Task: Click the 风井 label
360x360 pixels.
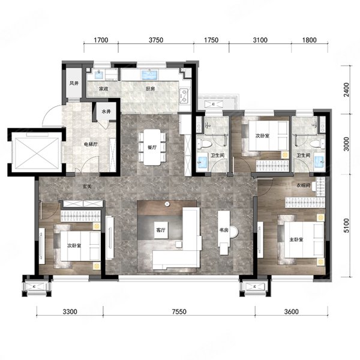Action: pos(74,83)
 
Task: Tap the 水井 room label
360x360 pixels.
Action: pos(106,112)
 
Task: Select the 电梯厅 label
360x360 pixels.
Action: pos(91,145)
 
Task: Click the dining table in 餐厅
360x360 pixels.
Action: pos(152,147)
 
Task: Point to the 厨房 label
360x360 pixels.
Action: pos(150,89)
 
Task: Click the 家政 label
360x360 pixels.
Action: pos(104,89)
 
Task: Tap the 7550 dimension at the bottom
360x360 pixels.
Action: pos(179,311)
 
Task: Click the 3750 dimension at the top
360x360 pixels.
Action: pos(156,40)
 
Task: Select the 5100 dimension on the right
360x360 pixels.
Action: pos(346,226)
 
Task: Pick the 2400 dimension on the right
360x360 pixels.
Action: pos(346,90)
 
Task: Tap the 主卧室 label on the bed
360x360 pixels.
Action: pos(296,239)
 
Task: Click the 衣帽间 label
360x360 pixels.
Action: pos(304,185)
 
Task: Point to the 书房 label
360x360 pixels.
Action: pos(224,230)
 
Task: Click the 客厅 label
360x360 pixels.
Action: pos(161,230)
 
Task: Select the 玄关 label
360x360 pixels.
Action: pos(87,187)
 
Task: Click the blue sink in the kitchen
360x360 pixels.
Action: pos(149,75)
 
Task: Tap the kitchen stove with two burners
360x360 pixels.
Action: pos(184,96)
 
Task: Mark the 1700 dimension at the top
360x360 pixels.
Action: pos(101,40)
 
